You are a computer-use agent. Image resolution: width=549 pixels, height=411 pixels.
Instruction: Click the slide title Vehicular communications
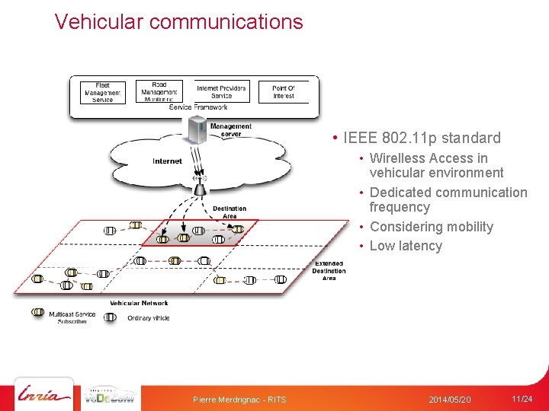click(178, 22)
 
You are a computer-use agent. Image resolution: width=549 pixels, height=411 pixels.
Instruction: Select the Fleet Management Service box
click(103, 92)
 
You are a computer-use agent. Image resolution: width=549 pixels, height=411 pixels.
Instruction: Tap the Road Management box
click(159, 92)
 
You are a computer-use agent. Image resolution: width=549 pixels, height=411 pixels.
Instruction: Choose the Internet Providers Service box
click(221, 92)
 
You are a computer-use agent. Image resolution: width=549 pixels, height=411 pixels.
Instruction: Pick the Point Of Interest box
click(283, 92)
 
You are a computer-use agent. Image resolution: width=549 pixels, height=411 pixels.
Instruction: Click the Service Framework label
click(197, 107)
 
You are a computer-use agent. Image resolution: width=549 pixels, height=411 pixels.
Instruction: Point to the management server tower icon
click(197, 130)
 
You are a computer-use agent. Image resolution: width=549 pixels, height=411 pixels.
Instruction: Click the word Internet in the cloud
click(167, 161)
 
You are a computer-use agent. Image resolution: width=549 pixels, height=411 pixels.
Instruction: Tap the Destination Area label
click(230, 212)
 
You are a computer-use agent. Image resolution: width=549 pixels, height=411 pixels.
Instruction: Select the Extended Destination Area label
click(329, 271)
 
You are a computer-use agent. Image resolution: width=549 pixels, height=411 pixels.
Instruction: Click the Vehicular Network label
click(139, 303)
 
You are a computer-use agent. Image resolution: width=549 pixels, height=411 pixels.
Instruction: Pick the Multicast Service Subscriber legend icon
click(37, 313)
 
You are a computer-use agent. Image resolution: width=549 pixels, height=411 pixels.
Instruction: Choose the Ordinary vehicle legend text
click(149, 318)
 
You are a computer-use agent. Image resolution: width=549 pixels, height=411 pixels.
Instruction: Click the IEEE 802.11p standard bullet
click(422, 138)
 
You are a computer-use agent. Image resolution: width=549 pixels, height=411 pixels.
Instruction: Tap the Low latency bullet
click(406, 246)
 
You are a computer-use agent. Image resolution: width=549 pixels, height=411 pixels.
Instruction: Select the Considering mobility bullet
click(431, 227)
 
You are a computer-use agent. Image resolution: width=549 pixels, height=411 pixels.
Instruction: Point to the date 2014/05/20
click(450, 400)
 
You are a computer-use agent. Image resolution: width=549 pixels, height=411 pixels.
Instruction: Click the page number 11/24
click(522, 399)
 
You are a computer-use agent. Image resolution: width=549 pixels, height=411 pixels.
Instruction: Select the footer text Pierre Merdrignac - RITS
click(239, 400)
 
